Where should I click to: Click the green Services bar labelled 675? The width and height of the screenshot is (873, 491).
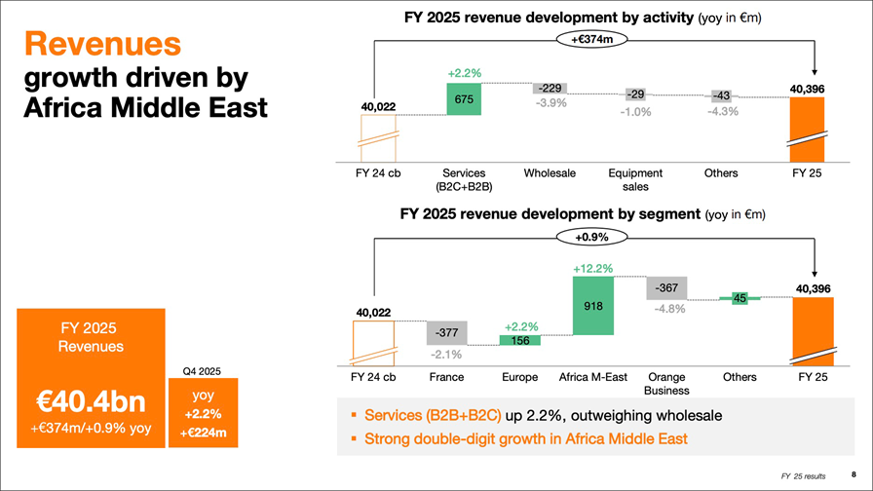click(464, 98)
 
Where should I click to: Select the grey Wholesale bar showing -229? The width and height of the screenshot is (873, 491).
click(550, 89)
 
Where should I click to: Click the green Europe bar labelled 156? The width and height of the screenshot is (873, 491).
click(519, 340)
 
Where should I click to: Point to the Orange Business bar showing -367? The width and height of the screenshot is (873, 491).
click(666, 287)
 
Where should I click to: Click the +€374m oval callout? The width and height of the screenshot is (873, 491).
click(591, 39)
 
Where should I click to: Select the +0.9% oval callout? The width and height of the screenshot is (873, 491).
click(591, 237)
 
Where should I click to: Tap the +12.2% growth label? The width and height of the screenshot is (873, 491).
click(592, 268)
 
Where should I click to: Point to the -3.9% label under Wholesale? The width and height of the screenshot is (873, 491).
click(551, 104)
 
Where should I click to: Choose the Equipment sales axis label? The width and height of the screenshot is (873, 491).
click(635, 179)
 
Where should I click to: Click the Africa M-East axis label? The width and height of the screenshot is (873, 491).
click(592, 377)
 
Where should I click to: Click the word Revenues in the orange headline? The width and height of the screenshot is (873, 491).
click(102, 43)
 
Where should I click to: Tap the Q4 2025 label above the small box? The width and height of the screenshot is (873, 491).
click(203, 370)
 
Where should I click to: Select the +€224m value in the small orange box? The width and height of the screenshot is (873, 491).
click(203, 434)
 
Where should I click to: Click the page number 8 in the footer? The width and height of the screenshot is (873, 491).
click(854, 473)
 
